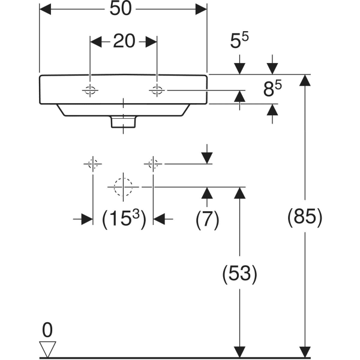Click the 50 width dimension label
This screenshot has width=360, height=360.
(x=123, y=9)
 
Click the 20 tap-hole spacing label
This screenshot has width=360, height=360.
(x=124, y=41)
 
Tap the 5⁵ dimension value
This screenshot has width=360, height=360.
(x=239, y=41)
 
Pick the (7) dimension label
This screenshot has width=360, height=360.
(x=207, y=220)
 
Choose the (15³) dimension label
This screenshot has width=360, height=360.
(x=123, y=220)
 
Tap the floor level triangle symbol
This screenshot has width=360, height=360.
(x=47, y=347)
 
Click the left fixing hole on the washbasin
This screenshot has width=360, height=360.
(x=90, y=91)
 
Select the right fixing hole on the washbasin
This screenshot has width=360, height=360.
(x=157, y=91)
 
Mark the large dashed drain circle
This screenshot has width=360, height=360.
(x=123, y=187)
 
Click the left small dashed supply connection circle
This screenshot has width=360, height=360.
(x=92, y=163)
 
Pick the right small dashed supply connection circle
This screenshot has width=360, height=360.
(x=154, y=163)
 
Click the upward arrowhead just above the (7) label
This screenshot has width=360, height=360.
(x=207, y=192)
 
